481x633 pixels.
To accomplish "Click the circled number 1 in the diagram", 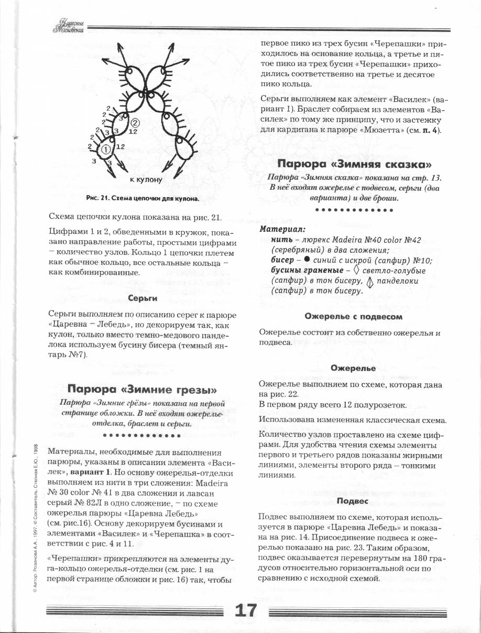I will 105,150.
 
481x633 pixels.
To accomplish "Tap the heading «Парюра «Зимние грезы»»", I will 143,389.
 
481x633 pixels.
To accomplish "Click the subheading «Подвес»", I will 353,501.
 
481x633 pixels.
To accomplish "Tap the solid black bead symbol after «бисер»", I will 308,261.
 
